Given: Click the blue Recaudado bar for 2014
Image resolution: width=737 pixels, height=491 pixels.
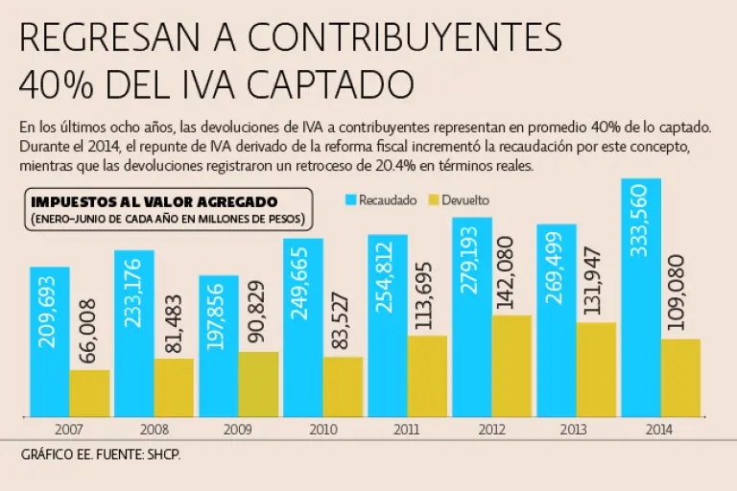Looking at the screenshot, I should pyautogui.click(x=640, y=297).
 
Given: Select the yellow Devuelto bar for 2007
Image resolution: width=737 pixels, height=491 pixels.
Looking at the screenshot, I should pyautogui.click(x=89, y=392).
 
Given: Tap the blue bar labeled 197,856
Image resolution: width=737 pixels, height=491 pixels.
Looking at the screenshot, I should pyautogui.click(x=219, y=345).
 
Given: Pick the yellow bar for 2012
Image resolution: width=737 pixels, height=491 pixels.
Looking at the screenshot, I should pyautogui.click(x=511, y=365).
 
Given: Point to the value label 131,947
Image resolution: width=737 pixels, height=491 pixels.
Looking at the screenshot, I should pyautogui.click(x=595, y=284).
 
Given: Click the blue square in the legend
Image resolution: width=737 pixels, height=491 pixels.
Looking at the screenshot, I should pyautogui.click(x=351, y=200).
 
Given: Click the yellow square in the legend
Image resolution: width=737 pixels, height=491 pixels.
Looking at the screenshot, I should pyautogui.click(x=433, y=200).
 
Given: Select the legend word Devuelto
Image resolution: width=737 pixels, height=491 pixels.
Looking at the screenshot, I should pyautogui.click(x=466, y=200).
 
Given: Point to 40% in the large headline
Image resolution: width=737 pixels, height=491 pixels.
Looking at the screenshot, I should pyautogui.click(x=55, y=84).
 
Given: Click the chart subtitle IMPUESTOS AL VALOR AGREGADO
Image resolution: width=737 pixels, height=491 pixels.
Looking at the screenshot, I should pyautogui.click(x=155, y=202).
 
